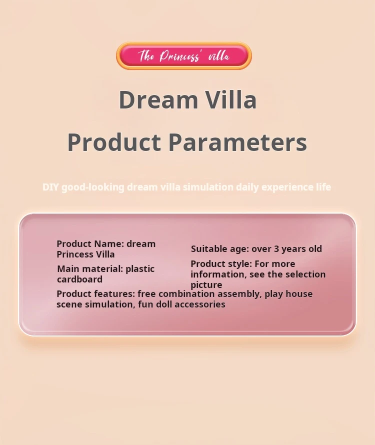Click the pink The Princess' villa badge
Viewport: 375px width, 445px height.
[x=184, y=56]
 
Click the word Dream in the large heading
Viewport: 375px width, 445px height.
[x=158, y=99]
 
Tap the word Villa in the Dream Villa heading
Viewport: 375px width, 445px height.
[x=231, y=99]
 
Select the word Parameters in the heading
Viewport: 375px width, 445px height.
[x=237, y=142]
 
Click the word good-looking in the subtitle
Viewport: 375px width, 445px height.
[x=93, y=187]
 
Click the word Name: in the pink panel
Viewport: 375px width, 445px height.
[x=109, y=244]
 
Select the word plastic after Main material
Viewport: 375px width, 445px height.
[x=140, y=269]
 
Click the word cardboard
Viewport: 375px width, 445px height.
[x=80, y=279]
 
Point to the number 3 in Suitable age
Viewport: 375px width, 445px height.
[x=276, y=249]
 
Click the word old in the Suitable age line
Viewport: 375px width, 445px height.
[x=315, y=248]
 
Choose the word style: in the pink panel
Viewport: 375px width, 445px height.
[x=238, y=264]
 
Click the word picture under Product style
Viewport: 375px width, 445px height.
[x=206, y=285]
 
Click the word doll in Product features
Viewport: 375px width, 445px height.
[x=164, y=304]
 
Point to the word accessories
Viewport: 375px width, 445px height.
[x=200, y=304]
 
